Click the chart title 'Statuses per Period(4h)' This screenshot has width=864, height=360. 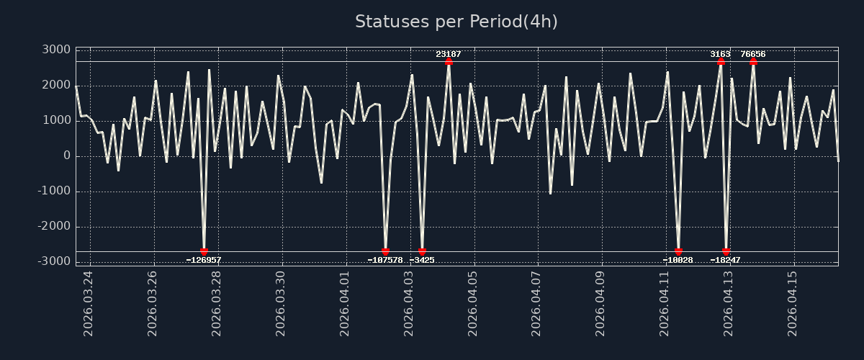456,22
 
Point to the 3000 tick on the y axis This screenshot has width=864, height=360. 55,50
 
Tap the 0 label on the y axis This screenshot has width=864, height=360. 66,156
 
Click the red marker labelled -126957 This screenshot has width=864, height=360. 204,252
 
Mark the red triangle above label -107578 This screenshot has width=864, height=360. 385,252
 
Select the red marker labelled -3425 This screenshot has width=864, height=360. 422,252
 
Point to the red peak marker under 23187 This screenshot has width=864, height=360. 449,62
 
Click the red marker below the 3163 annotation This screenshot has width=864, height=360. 721,62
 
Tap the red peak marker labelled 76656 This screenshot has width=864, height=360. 753,62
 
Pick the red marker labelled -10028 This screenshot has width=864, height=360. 678,252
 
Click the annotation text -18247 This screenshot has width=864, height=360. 725,260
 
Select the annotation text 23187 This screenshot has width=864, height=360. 449,54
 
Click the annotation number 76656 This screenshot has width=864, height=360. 753,54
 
